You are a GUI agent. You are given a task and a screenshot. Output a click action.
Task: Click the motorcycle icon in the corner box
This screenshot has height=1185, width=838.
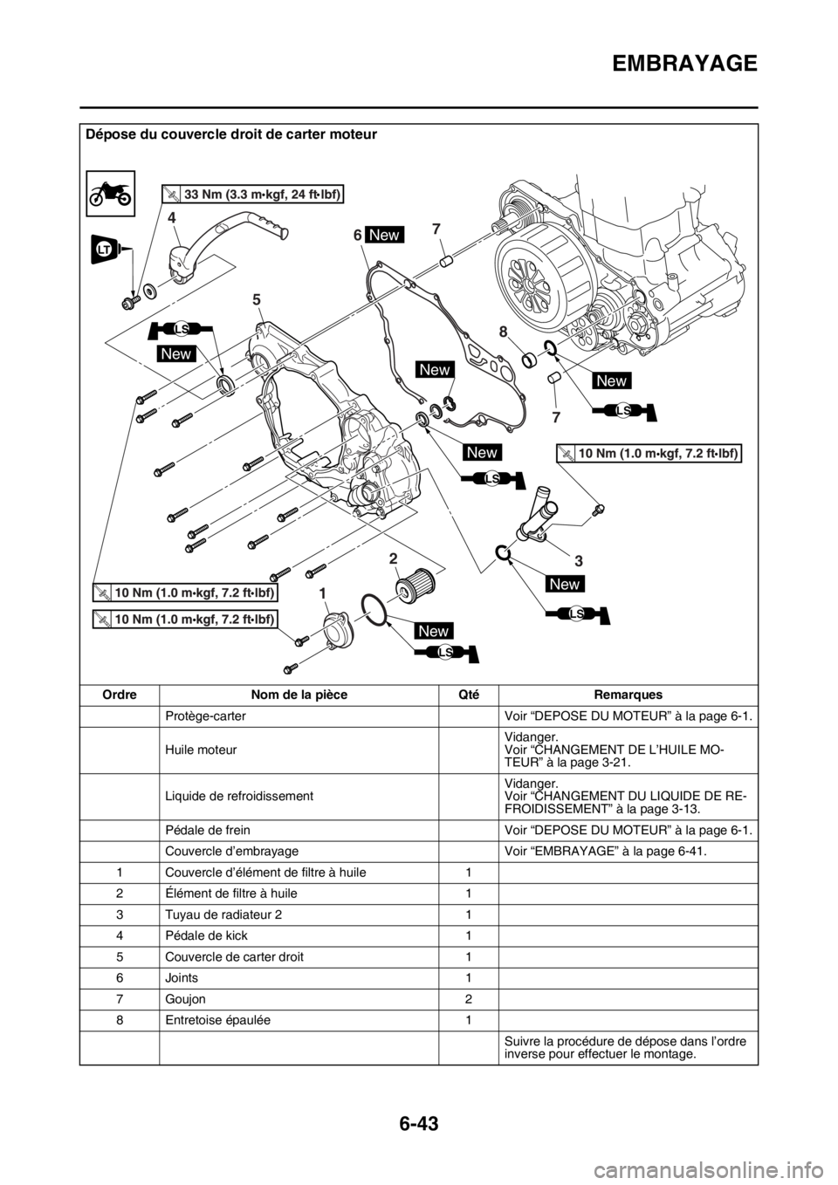pyautogui.click(x=111, y=191)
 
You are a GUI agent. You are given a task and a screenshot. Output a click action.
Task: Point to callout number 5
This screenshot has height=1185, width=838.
pyautogui.click(x=257, y=299)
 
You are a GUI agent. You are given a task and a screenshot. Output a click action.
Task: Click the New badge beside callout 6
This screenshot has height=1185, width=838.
pyautogui.click(x=386, y=234)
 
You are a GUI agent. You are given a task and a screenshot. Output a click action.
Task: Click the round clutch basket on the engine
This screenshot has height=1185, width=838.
pyautogui.click(x=536, y=279)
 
